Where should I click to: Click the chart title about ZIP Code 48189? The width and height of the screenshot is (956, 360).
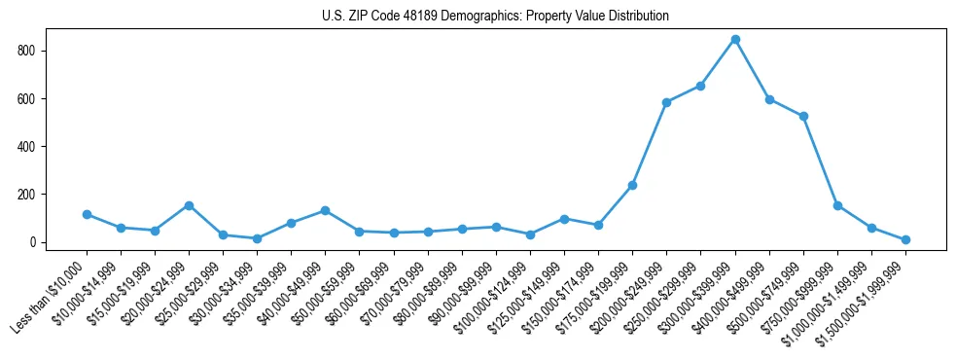pyautogui.click(x=495, y=17)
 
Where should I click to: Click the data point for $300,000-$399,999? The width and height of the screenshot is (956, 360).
pyautogui.click(x=735, y=40)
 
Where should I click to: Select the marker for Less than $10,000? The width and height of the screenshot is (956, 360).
pyautogui.click(x=87, y=214)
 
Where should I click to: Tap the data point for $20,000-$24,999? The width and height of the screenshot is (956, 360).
pyautogui.click(x=189, y=205)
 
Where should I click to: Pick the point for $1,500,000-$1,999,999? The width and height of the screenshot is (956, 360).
pyautogui.click(x=905, y=239)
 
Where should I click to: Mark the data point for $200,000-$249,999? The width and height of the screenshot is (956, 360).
pyautogui.click(x=666, y=102)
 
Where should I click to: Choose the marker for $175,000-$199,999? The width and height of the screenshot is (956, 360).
pyautogui.click(x=632, y=185)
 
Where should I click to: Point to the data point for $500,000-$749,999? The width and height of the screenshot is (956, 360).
pyautogui.click(x=803, y=117)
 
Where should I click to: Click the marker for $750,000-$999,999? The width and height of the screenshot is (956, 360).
pyautogui.click(x=837, y=205)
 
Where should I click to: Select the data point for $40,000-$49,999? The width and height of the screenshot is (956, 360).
pyautogui.click(x=325, y=210)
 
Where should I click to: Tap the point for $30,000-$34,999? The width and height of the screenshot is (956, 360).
pyautogui.click(x=257, y=238)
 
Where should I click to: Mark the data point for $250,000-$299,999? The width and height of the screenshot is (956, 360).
pyautogui.click(x=700, y=86)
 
